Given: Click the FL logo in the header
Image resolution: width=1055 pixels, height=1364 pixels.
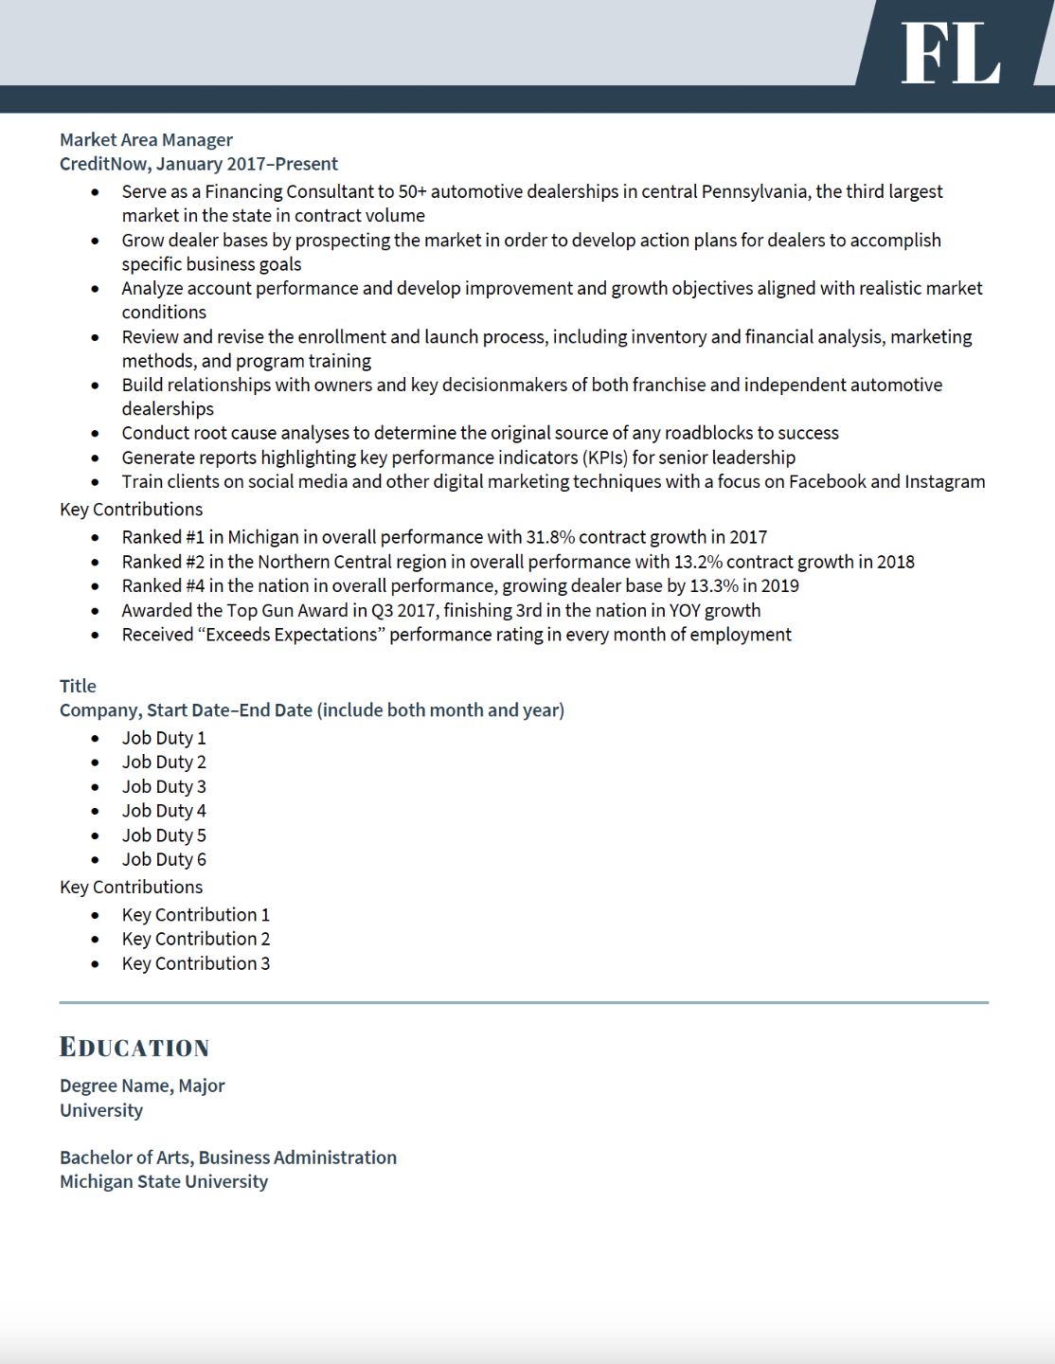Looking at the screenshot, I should click(950, 53).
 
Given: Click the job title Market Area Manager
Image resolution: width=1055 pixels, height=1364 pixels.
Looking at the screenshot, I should click(146, 140).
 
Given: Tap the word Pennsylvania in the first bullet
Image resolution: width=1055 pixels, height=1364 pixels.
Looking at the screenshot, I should click(754, 191).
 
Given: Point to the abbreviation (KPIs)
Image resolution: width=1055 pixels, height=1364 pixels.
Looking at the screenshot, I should click(604, 458).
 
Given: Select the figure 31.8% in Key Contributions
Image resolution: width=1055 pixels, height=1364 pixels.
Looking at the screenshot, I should click(550, 537).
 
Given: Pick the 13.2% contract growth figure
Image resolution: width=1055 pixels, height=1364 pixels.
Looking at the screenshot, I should click(698, 562).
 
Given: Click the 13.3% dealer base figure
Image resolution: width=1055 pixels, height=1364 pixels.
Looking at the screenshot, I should click(714, 585).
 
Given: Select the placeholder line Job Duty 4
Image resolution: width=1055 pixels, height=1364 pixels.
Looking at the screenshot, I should click(164, 811).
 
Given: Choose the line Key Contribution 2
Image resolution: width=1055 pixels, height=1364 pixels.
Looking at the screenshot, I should click(196, 939).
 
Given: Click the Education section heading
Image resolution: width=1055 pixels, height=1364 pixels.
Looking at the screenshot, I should click(134, 1047).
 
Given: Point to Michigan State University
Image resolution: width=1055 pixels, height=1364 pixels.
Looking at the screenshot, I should click(164, 1181).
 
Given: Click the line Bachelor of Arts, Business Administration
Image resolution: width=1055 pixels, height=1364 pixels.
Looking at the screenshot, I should click(228, 1158).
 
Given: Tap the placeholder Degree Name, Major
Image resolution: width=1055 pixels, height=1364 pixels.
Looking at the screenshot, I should click(142, 1086).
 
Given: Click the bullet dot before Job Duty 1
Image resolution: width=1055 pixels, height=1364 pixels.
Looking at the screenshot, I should click(96, 739).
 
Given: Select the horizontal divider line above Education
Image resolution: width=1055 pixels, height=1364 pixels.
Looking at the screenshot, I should click(524, 1002).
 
